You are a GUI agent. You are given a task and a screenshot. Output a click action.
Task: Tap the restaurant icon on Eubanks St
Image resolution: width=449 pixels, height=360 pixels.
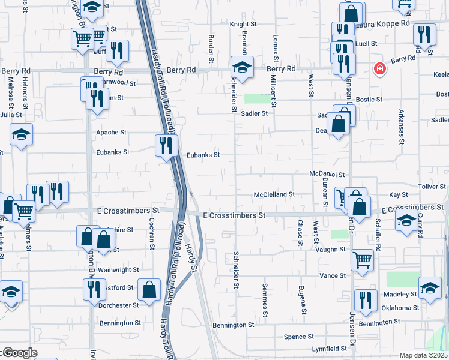pos(166,145)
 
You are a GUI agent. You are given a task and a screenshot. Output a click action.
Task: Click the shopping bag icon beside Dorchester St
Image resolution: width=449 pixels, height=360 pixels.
pos(148,290)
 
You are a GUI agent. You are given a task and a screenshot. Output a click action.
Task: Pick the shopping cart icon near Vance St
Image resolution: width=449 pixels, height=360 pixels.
pos(362,259)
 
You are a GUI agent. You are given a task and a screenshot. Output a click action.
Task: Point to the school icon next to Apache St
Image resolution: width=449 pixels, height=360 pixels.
pos(22,134)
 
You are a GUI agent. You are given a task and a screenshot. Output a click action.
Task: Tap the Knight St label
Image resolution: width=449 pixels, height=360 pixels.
pos(243,25)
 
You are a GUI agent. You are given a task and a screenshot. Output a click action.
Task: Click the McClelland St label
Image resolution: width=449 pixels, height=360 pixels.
pos(274,194)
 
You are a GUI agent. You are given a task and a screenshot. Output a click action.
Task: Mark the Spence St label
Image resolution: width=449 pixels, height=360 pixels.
pos(299,337)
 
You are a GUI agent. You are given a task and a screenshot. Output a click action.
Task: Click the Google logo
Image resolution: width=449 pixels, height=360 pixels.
pos(19,353)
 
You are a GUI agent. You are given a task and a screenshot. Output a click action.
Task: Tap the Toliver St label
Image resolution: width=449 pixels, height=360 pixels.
pos(432,187)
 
